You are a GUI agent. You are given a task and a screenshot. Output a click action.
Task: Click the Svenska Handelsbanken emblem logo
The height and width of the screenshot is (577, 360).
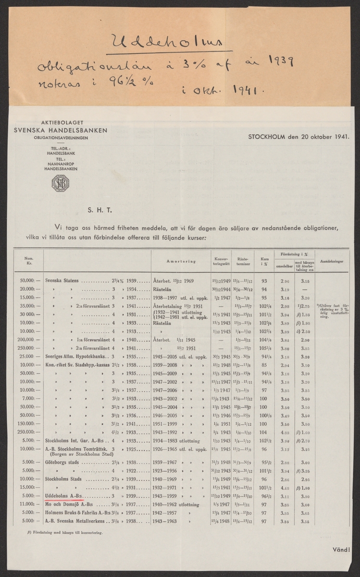pos(61,184)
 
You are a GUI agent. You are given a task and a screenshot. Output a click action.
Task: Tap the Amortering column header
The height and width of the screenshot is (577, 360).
pos(181,262)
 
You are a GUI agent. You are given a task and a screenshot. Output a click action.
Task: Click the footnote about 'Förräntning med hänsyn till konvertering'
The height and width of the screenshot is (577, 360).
pos(65,533)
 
